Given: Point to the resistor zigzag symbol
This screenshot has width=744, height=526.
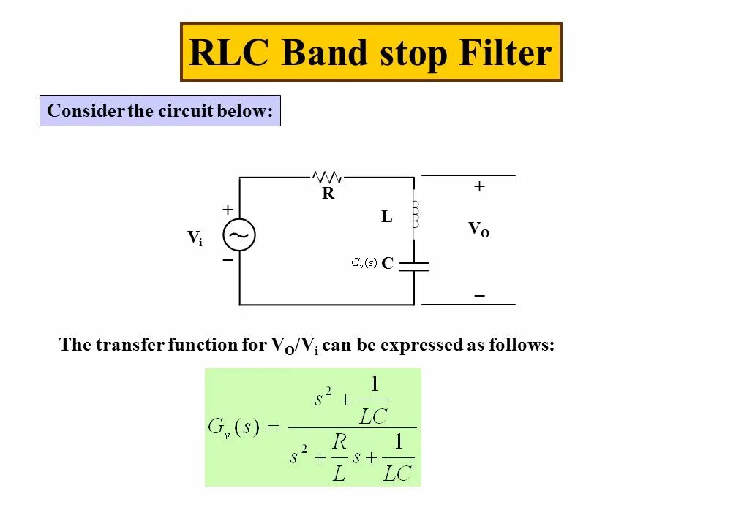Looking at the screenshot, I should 327,177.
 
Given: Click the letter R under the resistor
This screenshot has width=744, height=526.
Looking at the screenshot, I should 328,194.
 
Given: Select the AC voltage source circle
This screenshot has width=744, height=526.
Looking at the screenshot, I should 239,235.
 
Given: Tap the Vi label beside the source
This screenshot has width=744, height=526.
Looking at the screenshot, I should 195,237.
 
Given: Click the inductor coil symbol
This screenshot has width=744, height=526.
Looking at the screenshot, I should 415,214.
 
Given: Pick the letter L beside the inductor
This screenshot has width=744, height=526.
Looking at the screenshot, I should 387,217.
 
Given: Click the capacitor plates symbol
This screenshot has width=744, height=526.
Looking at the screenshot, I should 414,265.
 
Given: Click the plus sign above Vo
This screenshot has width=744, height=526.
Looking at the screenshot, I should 479,187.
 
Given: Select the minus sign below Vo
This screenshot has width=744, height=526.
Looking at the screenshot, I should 479,296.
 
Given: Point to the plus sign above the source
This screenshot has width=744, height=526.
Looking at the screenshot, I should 228,210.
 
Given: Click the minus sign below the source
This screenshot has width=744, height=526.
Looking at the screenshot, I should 228,260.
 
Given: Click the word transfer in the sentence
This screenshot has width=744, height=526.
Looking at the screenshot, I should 128,345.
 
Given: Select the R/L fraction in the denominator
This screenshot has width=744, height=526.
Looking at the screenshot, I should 339,457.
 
